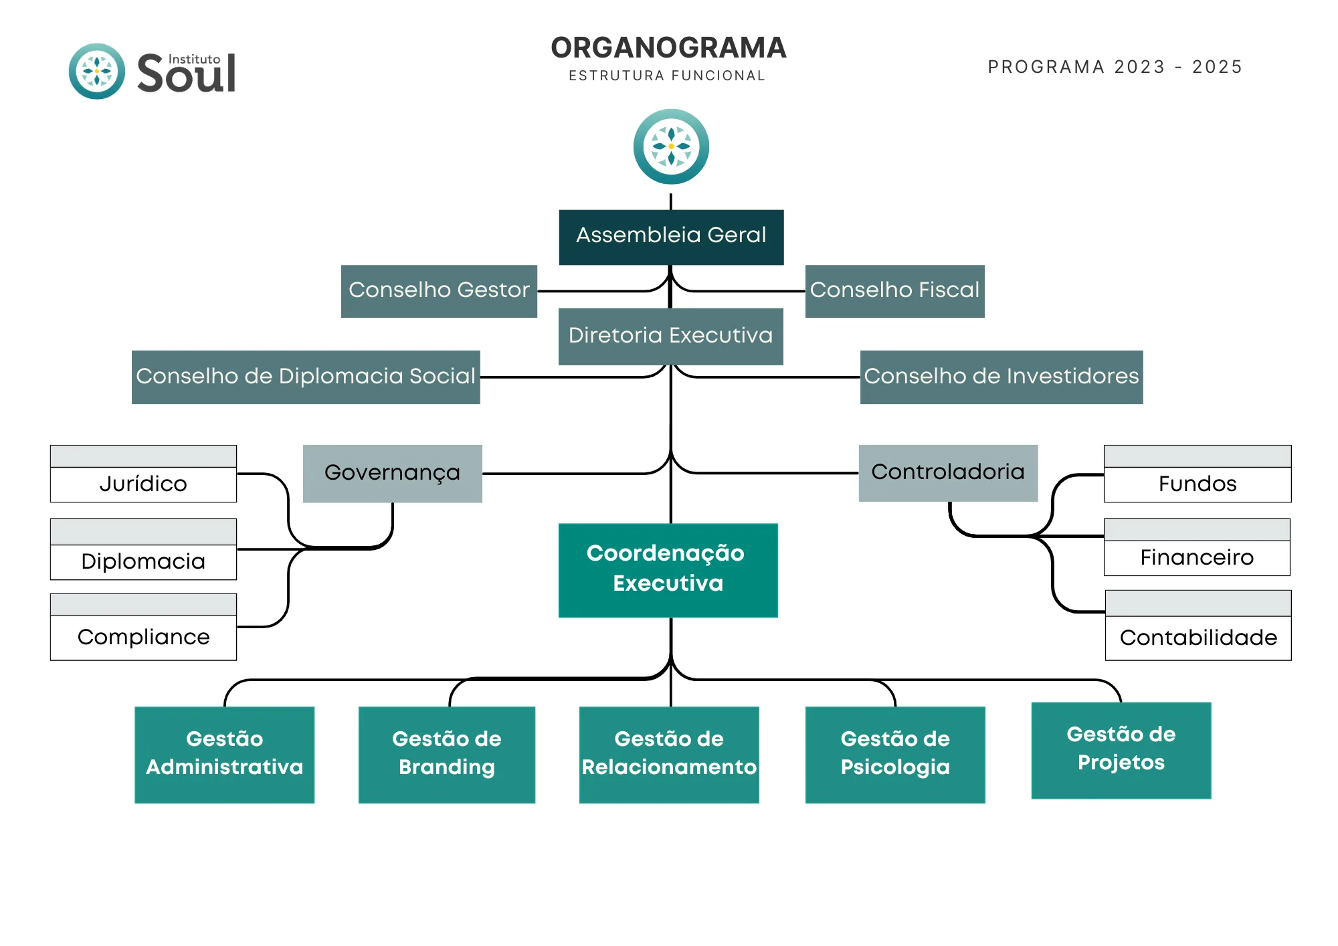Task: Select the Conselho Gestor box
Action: [x=439, y=291]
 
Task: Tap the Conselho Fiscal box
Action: [x=894, y=291]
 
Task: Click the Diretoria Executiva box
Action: [x=670, y=336]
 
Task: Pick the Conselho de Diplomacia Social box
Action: [x=306, y=377]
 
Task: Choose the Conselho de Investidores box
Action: [x=1001, y=377]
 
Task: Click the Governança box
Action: [x=392, y=473]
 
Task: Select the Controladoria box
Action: [x=948, y=472]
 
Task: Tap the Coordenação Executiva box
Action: [x=668, y=569]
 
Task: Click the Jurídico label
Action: [x=143, y=484]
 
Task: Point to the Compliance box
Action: [x=143, y=636]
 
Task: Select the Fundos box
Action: [x=1198, y=484]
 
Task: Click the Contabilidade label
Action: [x=1198, y=638]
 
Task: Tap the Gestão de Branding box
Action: [x=446, y=754]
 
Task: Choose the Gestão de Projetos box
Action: [x=1121, y=749]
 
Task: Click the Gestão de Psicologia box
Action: [x=894, y=754]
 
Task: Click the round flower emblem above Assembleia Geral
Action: [x=671, y=147]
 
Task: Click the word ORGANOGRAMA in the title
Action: [x=668, y=48]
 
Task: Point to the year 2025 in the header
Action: [x=1217, y=67]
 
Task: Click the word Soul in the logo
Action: [x=186, y=75]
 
